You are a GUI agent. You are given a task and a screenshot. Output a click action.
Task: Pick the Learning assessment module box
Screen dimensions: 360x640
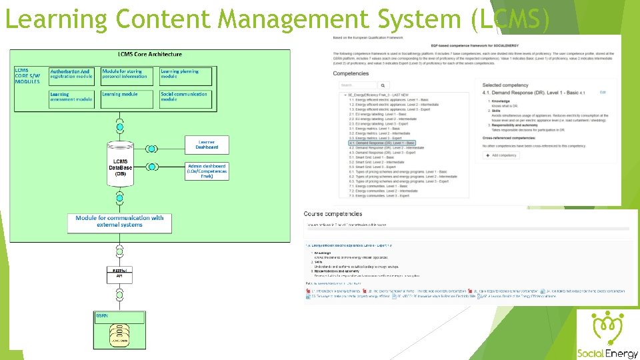pos(71,97)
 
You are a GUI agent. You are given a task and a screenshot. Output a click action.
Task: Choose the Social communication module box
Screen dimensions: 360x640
pos(187,97)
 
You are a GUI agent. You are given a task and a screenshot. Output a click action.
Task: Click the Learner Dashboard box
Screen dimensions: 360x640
pos(206,143)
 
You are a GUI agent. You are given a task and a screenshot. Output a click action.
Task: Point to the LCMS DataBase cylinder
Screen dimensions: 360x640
pos(120,164)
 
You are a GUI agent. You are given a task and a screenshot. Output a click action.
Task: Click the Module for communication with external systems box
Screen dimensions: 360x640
pos(119,222)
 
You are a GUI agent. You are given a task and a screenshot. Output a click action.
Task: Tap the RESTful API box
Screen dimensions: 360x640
pos(119,273)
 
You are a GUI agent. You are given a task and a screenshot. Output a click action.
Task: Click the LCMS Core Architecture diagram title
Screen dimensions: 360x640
pos(149,54)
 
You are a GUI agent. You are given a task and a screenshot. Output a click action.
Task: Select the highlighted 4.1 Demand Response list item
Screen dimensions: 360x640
pos(382,143)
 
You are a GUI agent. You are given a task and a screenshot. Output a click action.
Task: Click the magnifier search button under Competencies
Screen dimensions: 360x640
pos(384,85)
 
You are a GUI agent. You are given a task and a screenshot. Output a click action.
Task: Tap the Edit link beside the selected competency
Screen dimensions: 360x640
pos(603,92)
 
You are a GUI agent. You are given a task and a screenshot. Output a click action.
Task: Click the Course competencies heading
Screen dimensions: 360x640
pos(333,213)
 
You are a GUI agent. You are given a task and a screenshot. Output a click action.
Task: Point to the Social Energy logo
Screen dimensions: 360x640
pos(607,337)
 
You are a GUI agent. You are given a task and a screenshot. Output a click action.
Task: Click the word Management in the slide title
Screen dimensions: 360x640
pos(282,19)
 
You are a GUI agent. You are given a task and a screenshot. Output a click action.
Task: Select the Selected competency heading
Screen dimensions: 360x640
pos(501,85)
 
